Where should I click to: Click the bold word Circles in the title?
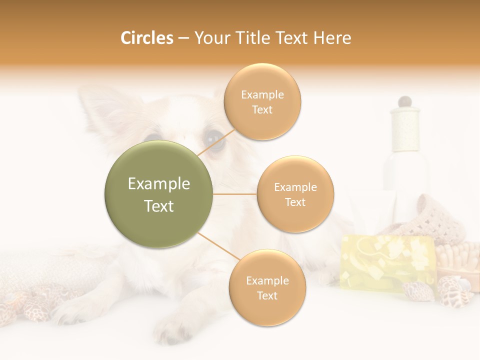(x=147, y=38)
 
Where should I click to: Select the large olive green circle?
(x=158, y=194)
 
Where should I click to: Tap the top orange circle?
(x=262, y=101)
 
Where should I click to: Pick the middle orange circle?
(x=295, y=194)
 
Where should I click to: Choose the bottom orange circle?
(x=267, y=287)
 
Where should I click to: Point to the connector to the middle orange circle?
(x=234, y=194)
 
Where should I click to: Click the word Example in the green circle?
(x=158, y=184)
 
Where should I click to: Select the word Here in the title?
(x=332, y=38)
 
